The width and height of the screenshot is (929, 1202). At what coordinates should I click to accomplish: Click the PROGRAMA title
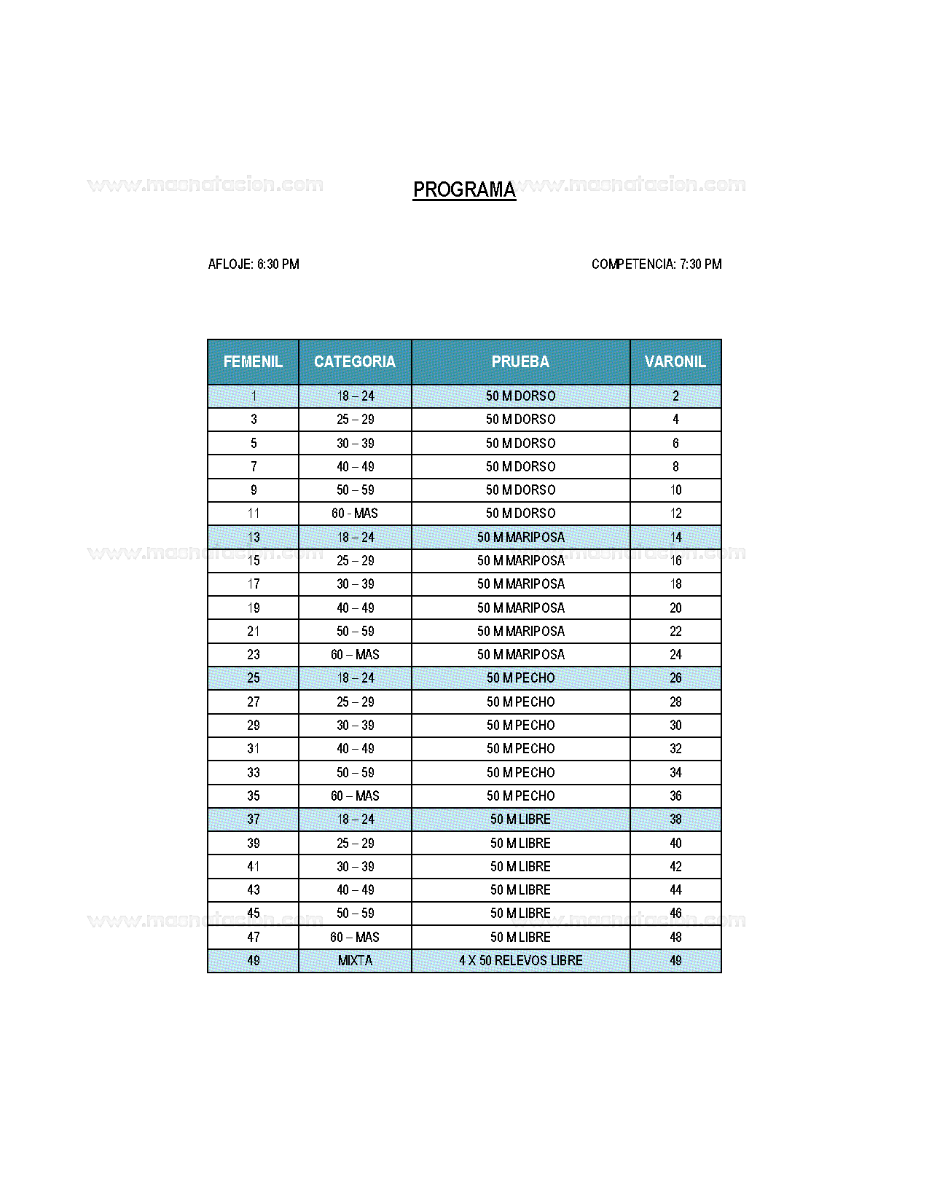point(464,189)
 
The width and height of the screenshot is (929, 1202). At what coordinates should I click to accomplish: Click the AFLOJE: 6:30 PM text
point(254,264)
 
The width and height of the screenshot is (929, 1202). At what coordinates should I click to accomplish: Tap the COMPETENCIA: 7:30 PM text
point(656,264)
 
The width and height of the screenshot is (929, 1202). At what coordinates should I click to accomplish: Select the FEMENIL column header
point(253,361)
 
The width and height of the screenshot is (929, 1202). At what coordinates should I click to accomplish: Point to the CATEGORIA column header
point(355,361)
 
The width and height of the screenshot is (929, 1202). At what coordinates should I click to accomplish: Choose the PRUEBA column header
point(520,361)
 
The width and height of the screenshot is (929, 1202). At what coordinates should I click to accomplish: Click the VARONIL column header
point(675,361)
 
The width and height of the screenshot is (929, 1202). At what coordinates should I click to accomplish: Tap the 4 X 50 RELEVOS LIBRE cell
point(520,960)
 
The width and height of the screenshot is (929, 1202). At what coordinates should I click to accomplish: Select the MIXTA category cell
point(355,960)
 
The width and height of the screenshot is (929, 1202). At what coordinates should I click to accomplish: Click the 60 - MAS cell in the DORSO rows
point(355,514)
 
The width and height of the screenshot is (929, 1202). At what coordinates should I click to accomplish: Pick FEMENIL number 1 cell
point(254,396)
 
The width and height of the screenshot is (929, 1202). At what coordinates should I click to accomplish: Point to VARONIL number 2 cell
point(675,396)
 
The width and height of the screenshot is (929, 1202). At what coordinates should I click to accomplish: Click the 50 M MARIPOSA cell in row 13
point(520,537)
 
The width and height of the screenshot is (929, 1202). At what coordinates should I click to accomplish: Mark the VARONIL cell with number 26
point(675,678)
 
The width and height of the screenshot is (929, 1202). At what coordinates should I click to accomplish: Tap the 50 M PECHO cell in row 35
point(520,796)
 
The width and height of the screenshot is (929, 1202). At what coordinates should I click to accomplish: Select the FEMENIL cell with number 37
point(254,819)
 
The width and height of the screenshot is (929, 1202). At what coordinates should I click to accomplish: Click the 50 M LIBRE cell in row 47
point(520,937)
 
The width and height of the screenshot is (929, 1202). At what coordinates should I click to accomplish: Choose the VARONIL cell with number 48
point(675,937)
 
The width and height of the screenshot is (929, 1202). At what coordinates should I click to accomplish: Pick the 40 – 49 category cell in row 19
point(355,608)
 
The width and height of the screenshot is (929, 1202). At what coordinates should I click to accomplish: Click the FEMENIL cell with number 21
point(254,631)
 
